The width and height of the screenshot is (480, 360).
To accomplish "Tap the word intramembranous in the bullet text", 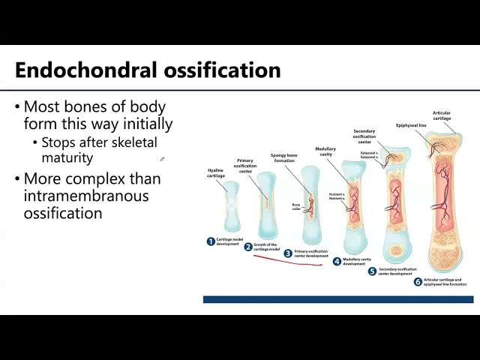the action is [x=86, y=196].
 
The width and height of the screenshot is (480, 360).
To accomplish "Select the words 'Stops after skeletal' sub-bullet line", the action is [x=99, y=142].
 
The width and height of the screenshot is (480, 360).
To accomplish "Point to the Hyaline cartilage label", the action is [x=216, y=173].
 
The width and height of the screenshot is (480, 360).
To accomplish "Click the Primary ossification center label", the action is [x=245, y=166].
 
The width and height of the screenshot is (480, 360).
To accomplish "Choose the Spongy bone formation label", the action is [x=284, y=160].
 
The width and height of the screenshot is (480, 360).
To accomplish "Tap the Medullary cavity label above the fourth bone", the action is [x=325, y=151].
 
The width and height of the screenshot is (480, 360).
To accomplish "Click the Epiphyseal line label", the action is [x=411, y=125].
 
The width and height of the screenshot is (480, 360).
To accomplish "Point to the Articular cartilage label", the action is [x=442, y=115].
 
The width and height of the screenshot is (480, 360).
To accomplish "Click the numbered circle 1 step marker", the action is [x=211, y=241].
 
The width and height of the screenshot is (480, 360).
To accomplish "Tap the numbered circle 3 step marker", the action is [x=288, y=253].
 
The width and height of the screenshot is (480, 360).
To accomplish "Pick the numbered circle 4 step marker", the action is [x=337, y=262].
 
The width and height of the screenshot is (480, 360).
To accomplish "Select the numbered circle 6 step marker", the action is [x=418, y=282].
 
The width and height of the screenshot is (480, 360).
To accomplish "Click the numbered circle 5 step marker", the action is [x=372, y=271].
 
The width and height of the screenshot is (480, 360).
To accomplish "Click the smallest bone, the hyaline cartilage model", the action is [x=231, y=206].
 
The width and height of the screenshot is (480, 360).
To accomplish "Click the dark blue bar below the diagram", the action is [x=337, y=299].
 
